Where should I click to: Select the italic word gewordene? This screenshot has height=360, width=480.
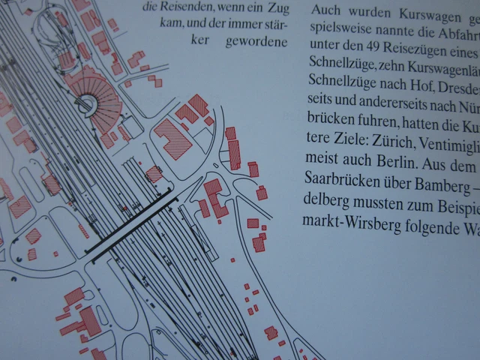click(x=256, y=42)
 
